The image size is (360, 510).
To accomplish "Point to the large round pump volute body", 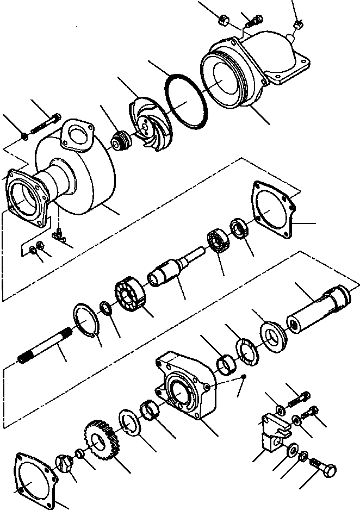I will [82, 174].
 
